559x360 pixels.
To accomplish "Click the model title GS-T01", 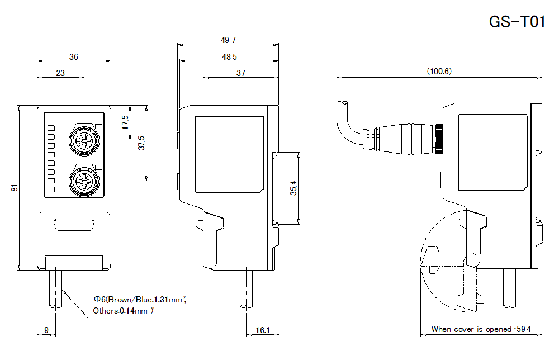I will [516, 22].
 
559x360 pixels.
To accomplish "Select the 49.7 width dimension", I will [228, 40].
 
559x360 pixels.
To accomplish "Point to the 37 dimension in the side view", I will [240, 73].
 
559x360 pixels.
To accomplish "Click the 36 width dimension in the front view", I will [73, 56].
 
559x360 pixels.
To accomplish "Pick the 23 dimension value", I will [60, 73].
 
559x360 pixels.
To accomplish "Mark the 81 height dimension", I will [15, 188].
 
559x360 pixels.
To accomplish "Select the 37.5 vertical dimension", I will [142, 143].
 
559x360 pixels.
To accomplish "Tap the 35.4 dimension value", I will [293, 188].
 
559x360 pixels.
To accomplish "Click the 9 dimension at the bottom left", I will [46, 330].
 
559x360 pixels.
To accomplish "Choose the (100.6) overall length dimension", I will [439, 72].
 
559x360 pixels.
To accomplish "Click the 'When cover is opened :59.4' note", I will [481, 329].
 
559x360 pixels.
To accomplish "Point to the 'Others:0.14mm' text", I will [122, 311].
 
